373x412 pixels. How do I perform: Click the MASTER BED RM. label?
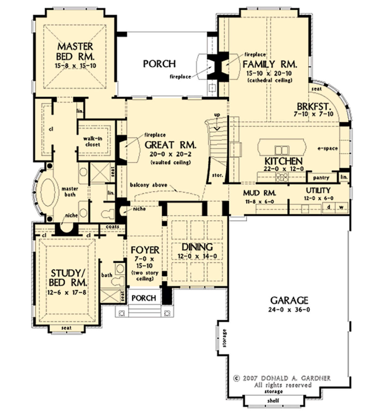pyautogui.click(x=75, y=51)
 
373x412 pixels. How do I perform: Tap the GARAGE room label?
pyautogui.click(x=289, y=300)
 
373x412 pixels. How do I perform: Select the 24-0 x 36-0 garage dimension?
pyautogui.click(x=289, y=310)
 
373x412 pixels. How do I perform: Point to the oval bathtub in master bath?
pyautogui.click(x=48, y=193)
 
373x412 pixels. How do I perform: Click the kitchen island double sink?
pyautogui.click(x=282, y=150)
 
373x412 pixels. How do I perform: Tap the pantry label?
pyautogui.click(x=321, y=178)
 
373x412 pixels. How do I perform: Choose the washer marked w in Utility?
pyautogui.click(x=341, y=207)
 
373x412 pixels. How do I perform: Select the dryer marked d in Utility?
pyautogui.click(x=329, y=207)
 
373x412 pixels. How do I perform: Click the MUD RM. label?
pyautogui.click(x=260, y=193)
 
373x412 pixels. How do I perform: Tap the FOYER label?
pyautogui.click(x=145, y=250)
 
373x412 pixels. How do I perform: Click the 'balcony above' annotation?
pyautogui.click(x=149, y=185)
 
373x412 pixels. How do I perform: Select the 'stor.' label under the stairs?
pyautogui.click(x=218, y=175)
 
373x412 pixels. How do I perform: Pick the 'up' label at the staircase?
pyautogui.click(x=217, y=115)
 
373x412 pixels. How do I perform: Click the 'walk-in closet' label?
pyautogui.click(x=93, y=141)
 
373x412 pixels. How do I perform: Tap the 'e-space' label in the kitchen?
pyautogui.click(x=328, y=148)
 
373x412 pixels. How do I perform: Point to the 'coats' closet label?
pyautogui.click(x=113, y=227)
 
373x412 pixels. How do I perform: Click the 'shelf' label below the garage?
pyautogui.click(x=273, y=400)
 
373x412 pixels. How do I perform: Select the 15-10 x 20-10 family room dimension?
pyautogui.click(x=269, y=73)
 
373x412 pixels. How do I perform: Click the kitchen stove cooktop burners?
pyautogui.click(x=282, y=177)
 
